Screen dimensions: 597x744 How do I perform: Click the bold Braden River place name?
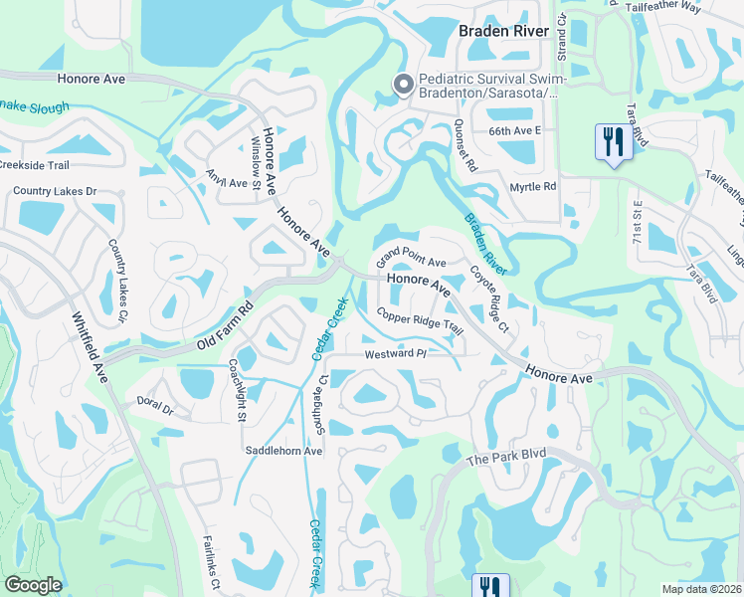[x=503, y=31]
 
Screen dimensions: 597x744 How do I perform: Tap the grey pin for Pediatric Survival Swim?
[x=403, y=85]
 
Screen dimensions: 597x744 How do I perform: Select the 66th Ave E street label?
[x=513, y=130]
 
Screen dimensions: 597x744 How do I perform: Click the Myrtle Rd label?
[x=535, y=185]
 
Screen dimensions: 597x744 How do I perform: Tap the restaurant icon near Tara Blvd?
[x=613, y=141]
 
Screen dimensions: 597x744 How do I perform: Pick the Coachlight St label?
[x=238, y=391]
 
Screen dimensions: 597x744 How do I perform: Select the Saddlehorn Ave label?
[x=284, y=451]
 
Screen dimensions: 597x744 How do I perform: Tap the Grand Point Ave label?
[x=411, y=262]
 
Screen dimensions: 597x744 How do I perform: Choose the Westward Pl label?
[x=395, y=353]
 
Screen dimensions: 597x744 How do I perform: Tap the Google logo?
[x=33, y=585]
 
